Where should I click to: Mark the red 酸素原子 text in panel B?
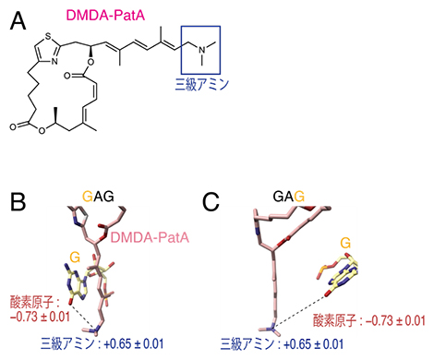point(30,301)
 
